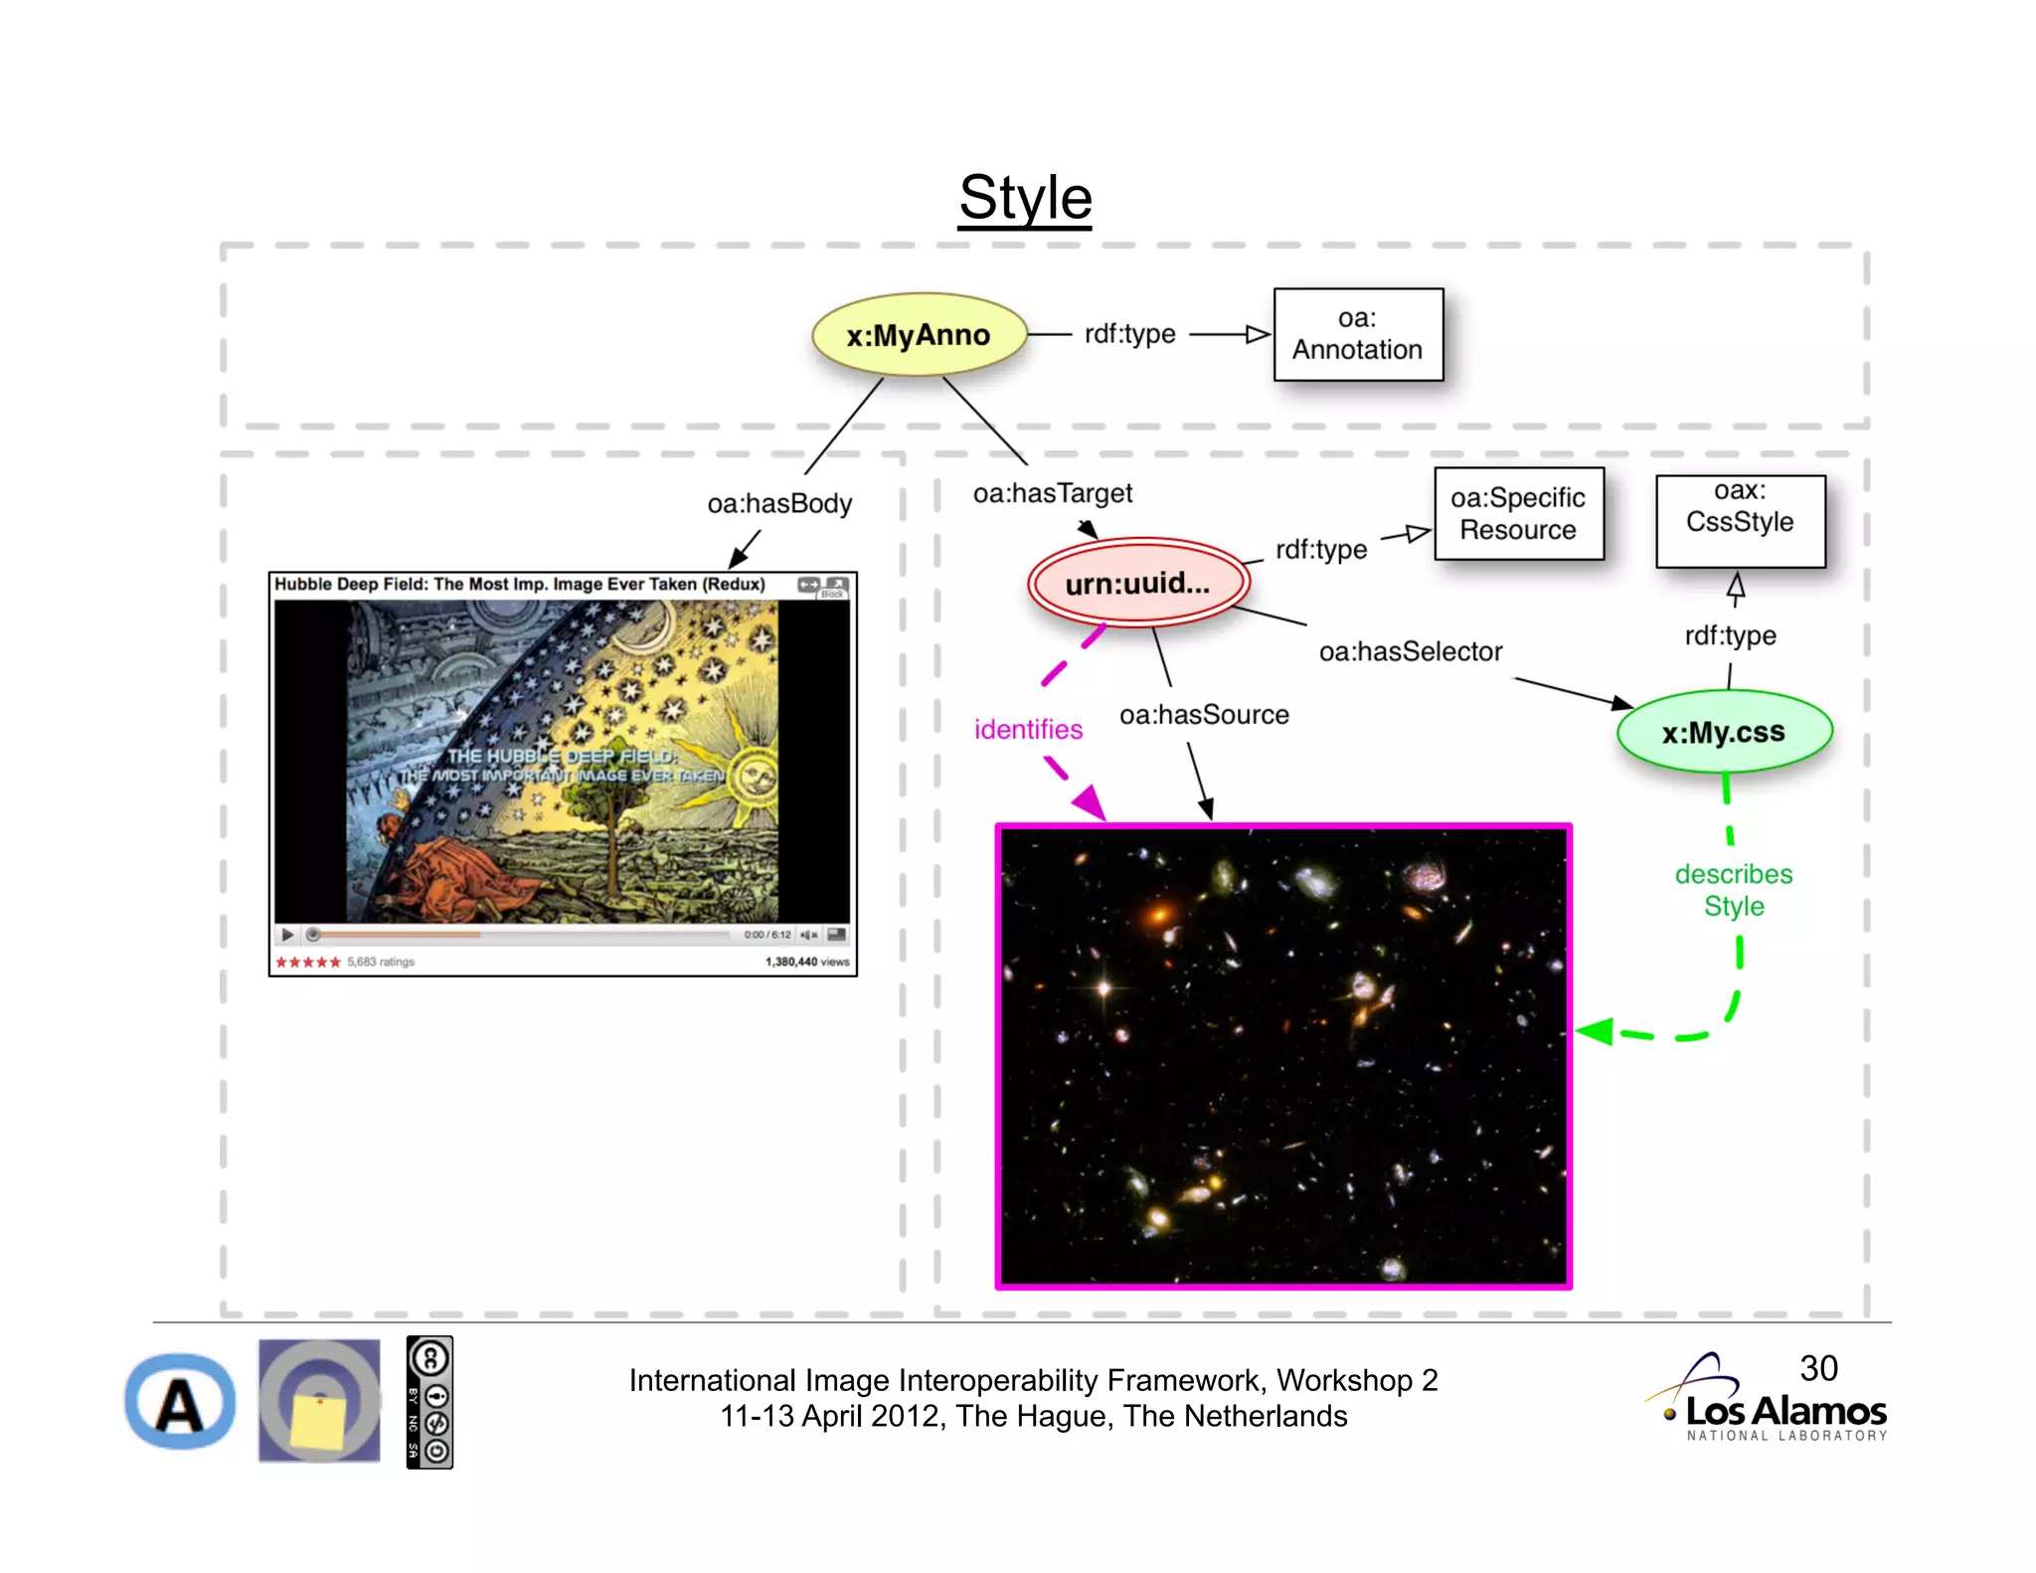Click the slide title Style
pyautogui.click(x=1025, y=197)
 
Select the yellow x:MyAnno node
pyautogui.click(x=918, y=335)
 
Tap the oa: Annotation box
pyautogui.click(x=1358, y=335)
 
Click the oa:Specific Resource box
pyautogui.click(x=1518, y=514)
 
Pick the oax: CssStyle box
pyautogui.click(x=1740, y=521)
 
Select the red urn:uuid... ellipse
pyautogui.click(x=1138, y=584)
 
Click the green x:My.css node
pyautogui.click(x=1724, y=732)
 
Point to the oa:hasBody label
pyautogui.click(x=779, y=504)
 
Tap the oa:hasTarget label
pyautogui.click(x=1053, y=493)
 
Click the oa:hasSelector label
pyautogui.click(x=1411, y=652)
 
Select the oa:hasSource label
pyautogui.click(x=1204, y=715)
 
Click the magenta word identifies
pyautogui.click(x=1028, y=730)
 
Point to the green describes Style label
pyautogui.click(x=1734, y=890)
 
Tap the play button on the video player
pyautogui.click(x=287, y=935)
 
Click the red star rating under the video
pyautogui.click(x=308, y=961)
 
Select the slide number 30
pyautogui.click(x=1818, y=1368)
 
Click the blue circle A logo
pyautogui.click(x=180, y=1403)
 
